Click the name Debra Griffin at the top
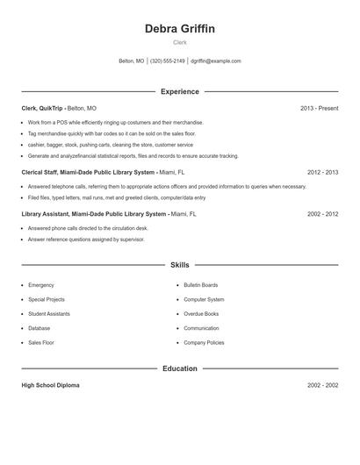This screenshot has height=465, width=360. pos(179,28)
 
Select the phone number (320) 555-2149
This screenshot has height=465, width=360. pos(167,61)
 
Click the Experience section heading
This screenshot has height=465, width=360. pos(179,91)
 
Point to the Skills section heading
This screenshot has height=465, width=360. pos(179,264)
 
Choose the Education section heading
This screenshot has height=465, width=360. pos(179,368)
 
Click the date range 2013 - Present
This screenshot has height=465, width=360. pos(319,108)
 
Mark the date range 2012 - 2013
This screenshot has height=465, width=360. pos(322,173)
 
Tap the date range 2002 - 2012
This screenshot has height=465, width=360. pos(322,214)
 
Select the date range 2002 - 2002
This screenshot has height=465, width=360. pos(322,385)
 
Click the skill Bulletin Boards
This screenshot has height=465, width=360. pos(201,285)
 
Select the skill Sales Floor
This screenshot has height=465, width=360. pos(41,342)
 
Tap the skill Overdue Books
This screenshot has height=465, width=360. pos(200,314)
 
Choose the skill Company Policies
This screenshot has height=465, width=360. pos(204,342)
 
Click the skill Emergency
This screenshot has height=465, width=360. pos(40,285)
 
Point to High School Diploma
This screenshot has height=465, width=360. pos(52,385)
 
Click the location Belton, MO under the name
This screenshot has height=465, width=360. pos(131,61)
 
